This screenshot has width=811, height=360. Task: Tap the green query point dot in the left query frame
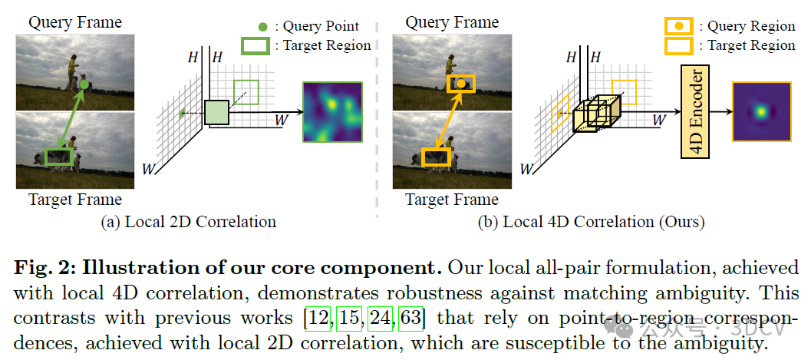click(84, 84)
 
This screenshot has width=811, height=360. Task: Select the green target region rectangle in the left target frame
click(58, 157)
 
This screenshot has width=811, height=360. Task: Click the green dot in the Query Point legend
click(262, 27)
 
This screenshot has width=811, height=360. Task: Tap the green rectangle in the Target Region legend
click(255, 45)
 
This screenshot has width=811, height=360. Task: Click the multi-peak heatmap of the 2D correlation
click(333, 111)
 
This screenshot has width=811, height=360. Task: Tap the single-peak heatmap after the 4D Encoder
click(761, 111)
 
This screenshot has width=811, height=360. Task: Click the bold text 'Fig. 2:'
click(44, 269)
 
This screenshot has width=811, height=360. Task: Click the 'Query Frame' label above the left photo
click(75, 22)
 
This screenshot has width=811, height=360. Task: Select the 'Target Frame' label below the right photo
click(451, 200)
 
